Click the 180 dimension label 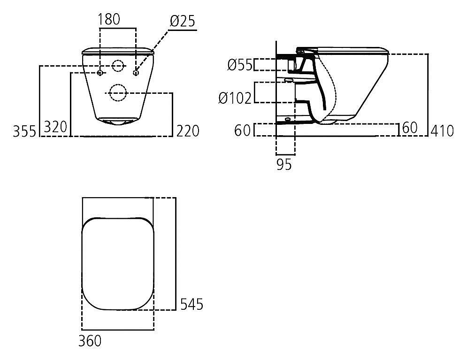pos(109,19)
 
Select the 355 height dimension pos(24,131)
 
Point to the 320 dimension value pos(55,127)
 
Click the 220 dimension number pos(188,131)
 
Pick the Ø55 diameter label pos(240,65)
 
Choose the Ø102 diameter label pos(235,98)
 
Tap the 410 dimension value pos(442,131)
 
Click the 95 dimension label pos(284,164)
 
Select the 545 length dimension pos(192,304)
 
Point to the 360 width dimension pos(90,341)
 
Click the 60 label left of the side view pos(243,130)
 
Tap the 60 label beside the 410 pos(410,128)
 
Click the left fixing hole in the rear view pos(100,73)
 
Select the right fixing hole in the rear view pos(136,73)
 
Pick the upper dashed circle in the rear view pos(118,66)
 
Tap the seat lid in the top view pos(118,263)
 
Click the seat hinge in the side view pos(301,51)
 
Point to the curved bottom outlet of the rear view pos(118,122)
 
